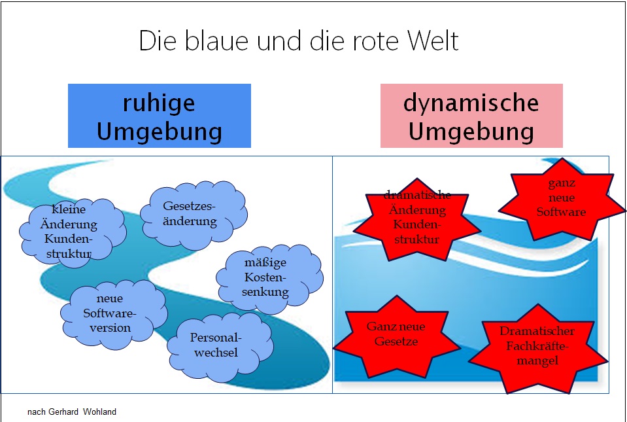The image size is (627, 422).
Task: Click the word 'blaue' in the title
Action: click(209, 41)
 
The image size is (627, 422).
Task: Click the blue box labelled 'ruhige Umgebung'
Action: click(160, 116)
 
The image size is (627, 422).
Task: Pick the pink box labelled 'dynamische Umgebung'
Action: click(471, 116)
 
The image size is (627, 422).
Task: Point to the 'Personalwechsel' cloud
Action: click(215, 345)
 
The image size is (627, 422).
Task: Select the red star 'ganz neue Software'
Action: click(561, 198)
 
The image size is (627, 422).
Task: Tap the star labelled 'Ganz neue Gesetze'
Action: click(391, 334)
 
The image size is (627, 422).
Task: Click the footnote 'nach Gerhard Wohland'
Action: click(72, 412)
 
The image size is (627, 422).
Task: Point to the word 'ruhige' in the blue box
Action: click(159, 103)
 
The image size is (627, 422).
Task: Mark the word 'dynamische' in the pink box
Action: click(471, 103)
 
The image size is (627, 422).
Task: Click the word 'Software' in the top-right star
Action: click(561, 212)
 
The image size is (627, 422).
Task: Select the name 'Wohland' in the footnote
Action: click(100, 412)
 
